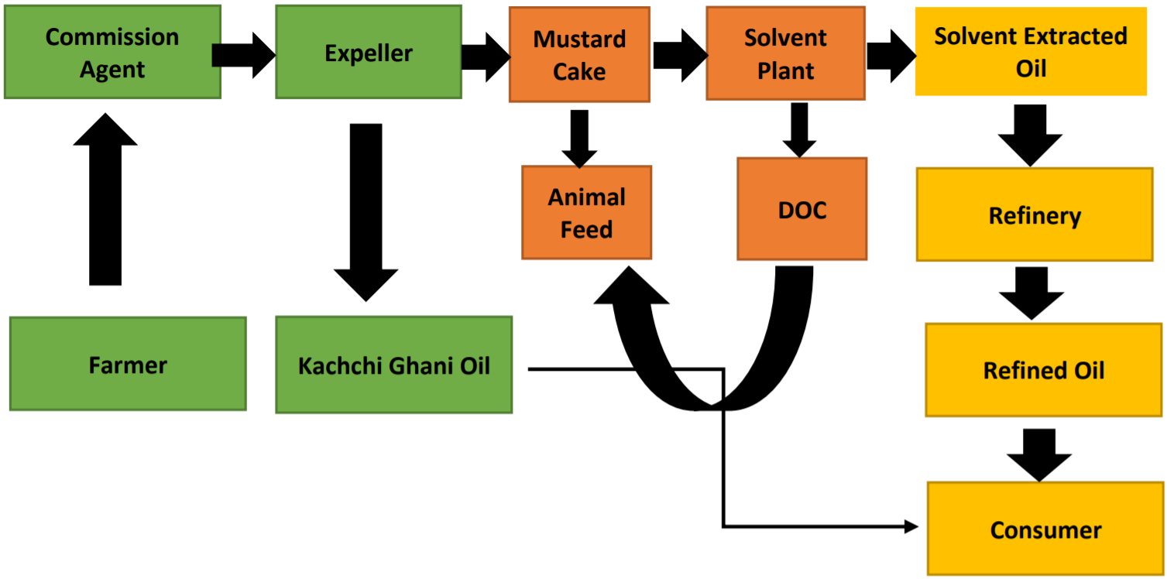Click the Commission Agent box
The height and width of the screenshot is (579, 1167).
pos(112,53)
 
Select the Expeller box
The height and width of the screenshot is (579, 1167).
pos(369,53)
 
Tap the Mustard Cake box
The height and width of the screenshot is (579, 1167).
pos(579,55)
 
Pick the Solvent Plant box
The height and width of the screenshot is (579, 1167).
pos(785,53)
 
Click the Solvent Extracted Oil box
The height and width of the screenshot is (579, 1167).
pos(1031,52)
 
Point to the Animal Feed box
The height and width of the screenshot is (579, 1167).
pos(586,213)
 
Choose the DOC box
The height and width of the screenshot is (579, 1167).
pos(801,210)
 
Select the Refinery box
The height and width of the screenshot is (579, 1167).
pos(1035,215)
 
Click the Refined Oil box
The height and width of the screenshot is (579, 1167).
pos(1043,370)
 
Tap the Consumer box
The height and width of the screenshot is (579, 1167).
pos(1045,529)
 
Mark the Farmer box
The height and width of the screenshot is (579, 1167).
pos(128,364)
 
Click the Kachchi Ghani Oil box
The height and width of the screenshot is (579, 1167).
pos(393,365)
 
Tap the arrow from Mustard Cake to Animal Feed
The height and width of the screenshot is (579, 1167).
pos(579,138)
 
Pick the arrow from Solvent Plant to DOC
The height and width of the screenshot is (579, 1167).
pos(800,130)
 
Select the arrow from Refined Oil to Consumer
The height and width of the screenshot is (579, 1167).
pos(1039,454)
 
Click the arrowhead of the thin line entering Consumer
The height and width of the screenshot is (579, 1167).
pos(911,527)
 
